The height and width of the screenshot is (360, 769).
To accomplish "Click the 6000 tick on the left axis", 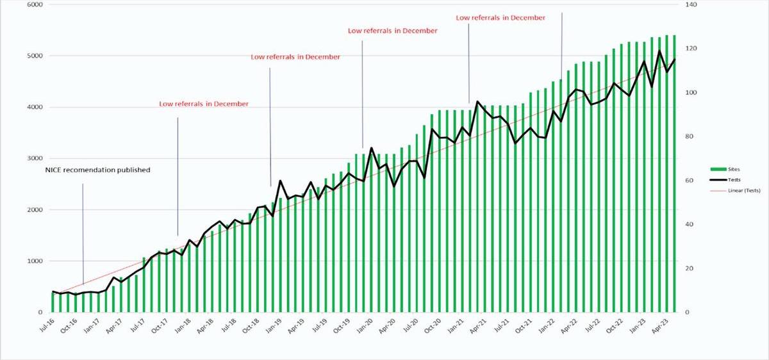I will click(33, 4).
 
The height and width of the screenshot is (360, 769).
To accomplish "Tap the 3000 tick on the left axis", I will click(33, 158).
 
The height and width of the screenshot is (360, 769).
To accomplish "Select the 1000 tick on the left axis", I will click(33, 261).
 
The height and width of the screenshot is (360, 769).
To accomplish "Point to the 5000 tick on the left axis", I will click(33, 56).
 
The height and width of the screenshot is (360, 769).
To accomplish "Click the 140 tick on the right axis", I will click(691, 4).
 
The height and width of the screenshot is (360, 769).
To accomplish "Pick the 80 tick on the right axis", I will click(690, 136).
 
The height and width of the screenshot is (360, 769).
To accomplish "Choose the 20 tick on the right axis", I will click(690, 268).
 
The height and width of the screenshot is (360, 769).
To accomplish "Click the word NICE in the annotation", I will click(54, 170).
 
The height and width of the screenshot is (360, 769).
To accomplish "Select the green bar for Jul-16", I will click(53, 302).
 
